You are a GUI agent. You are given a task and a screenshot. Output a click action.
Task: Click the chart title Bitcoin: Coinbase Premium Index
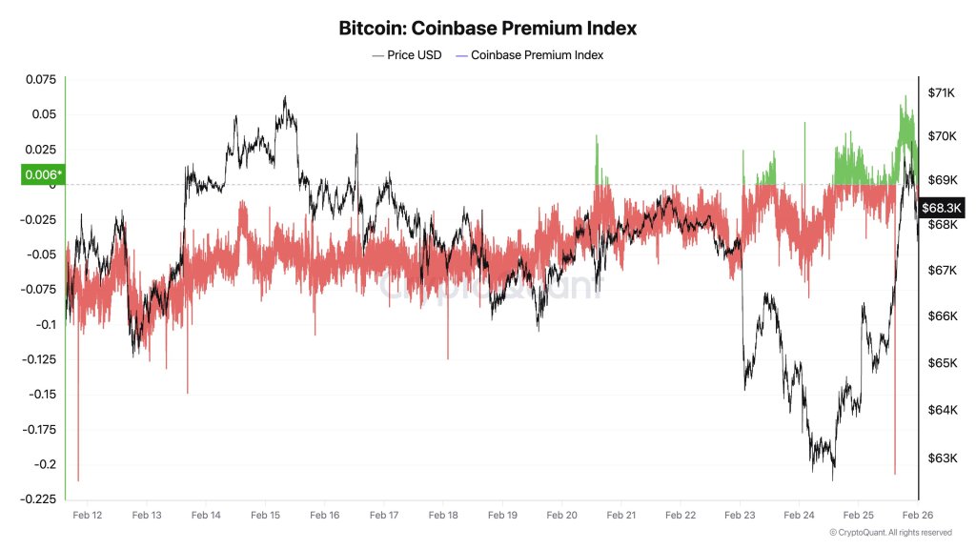pos(487,28)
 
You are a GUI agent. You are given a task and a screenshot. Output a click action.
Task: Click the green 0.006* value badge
pos(42,174)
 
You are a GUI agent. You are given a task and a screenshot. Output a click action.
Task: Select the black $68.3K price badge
pos(943,207)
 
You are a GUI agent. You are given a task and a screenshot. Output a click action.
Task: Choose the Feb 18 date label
pos(443,515)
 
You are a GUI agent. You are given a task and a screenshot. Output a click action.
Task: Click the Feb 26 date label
pos(917,515)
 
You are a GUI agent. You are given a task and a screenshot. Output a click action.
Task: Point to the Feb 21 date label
pos(621,515)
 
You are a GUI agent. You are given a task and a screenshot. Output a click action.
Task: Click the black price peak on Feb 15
pos(285,96)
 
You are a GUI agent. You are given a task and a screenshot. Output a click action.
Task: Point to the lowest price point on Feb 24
pos(833,479)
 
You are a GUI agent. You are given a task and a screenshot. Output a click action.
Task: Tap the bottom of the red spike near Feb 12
pos(78,480)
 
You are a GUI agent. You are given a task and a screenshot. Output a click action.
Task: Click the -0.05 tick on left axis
pos(43,254)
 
